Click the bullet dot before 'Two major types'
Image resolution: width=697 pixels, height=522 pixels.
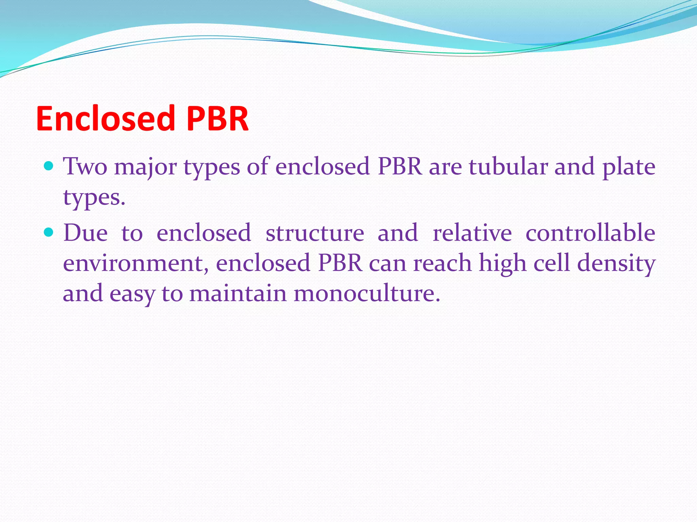click(49, 166)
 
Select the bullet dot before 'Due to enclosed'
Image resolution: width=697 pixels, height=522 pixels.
click(49, 232)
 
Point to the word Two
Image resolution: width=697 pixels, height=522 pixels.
click(85, 167)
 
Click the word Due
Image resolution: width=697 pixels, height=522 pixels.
click(85, 233)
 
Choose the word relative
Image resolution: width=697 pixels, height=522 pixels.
click(472, 233)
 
